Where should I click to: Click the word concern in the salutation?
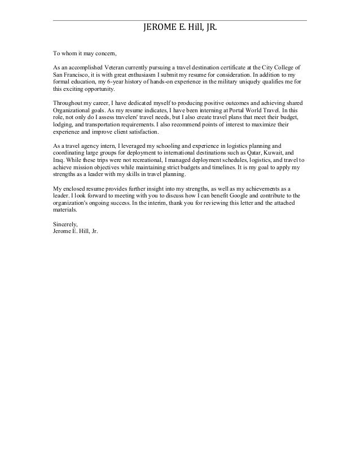[104, 54]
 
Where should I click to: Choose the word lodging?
[62, 125]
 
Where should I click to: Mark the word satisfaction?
[143, 133]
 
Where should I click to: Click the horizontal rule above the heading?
[180, 21]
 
